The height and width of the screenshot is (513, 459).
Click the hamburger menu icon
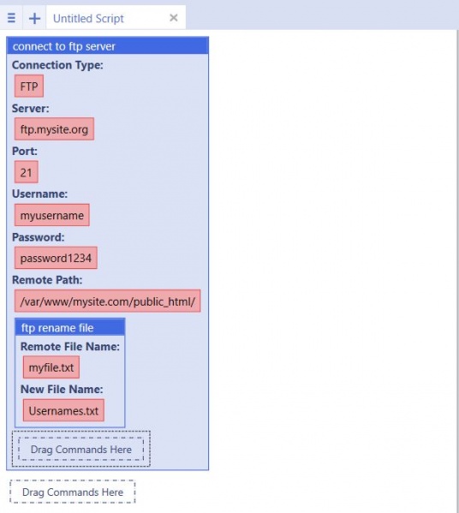coord(11,18)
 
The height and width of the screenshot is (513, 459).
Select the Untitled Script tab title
coord(88,18)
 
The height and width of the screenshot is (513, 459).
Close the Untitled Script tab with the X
coord(174,18)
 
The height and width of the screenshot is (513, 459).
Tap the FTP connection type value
coord(29,86)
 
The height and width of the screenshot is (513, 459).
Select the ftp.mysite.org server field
coord(54,129)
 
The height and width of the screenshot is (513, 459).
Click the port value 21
coord(27,172)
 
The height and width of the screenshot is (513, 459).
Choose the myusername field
coord(51,215)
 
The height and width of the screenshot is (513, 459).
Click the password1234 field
coord(56,258)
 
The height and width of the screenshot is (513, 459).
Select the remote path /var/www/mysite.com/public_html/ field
coord(107,301)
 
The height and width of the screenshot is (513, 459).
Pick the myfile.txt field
coord(51,367)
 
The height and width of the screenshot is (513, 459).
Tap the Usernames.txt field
coord(63,410)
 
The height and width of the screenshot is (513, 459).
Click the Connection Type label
coord(57,65)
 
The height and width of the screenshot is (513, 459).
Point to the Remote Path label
coord(47,280)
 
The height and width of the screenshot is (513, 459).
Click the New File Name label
coord(62,389)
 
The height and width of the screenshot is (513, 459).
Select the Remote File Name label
coord(70,347)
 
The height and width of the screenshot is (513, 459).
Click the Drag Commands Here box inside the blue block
coord(81,449)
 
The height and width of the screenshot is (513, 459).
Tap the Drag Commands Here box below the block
coord(73,492)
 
